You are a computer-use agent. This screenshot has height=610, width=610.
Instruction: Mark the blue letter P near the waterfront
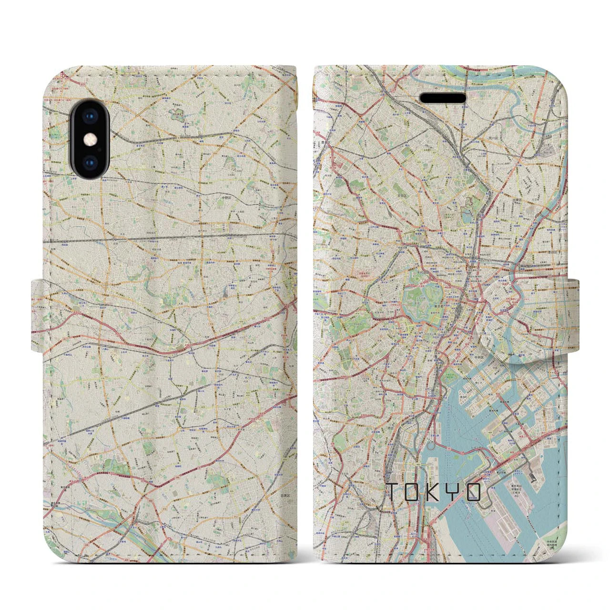541,456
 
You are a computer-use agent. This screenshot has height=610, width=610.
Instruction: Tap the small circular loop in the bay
431,447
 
